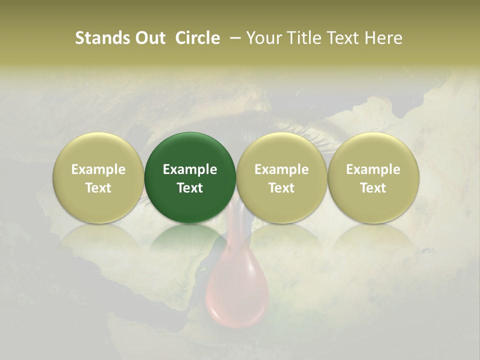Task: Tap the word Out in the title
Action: point(149,38)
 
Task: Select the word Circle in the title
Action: point(197,38)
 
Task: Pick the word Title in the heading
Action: point(303,38)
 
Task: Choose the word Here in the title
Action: point(383,38)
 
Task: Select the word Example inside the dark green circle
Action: point(190,169)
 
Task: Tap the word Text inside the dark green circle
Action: point(190,188)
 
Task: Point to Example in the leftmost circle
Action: point(98,169)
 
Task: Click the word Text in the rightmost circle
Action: point(373,188)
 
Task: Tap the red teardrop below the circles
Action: point(230,295)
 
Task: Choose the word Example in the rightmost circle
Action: point(373,169)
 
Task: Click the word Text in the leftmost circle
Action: point(98,188)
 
